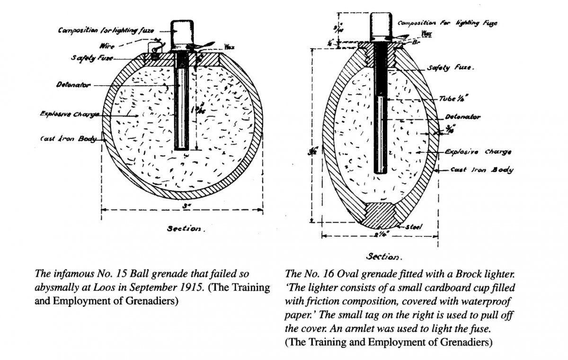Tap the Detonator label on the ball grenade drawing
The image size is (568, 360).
[69, 86]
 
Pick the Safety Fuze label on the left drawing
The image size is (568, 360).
[88, 58]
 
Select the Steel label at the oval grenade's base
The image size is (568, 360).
[414, 227]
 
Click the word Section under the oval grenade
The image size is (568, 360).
[383, 257]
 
